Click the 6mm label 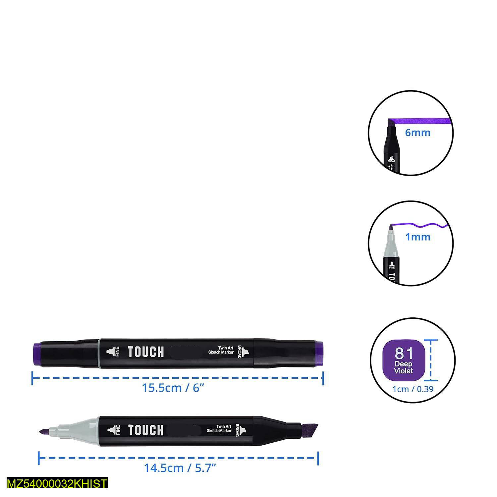[417, 133]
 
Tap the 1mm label [417, 237]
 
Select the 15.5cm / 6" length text [173, 388]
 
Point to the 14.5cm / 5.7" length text [180, 468]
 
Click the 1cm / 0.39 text [413, 389]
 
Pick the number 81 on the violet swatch [404, 353]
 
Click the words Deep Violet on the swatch [404, 367]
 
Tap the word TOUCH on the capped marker [146, 352]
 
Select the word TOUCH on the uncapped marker [146, 430]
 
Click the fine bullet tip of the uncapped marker [43, 431]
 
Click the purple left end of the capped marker [37, 354]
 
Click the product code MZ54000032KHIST [57, 483]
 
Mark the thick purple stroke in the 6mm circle [419, 121]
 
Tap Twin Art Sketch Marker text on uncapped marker [219, 428]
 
